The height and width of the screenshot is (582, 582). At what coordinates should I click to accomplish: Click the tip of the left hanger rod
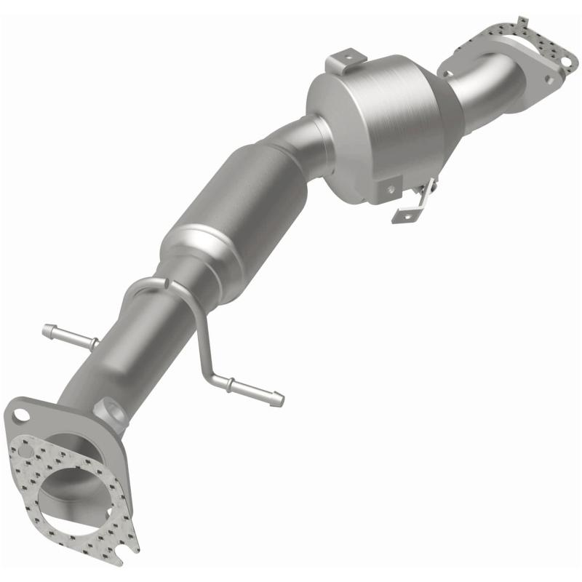[x=47, y=327]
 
